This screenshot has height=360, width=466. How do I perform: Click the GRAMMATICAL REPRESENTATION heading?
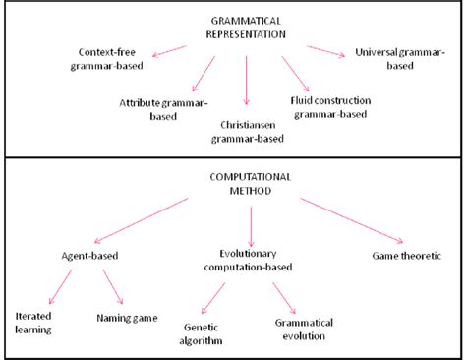pyautogui.click(x=247, y=27)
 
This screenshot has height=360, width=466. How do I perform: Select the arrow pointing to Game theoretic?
pyautogui.click(x=350, y=220)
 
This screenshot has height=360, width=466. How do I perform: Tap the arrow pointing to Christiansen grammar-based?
pyautogui.click(x=247, y=81)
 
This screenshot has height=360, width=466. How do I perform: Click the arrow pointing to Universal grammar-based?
pyautogui.click(x=325, y=51)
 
